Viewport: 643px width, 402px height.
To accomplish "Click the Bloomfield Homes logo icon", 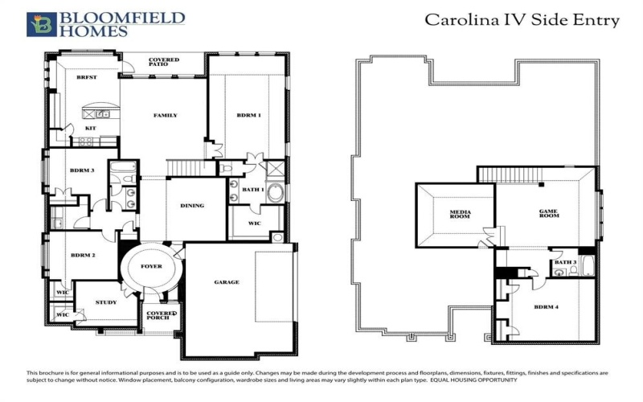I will pyautogui.click(x=40, y=24).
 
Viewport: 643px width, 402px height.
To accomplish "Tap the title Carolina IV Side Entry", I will pyautogui.click(x=522, y=20).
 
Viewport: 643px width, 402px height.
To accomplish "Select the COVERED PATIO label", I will pyautogui.click(x=165, y=63).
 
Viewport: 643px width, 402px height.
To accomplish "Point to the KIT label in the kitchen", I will pyautogui.click(x=91, y=127).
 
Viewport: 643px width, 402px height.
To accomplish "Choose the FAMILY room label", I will pyautogui.click(x=165, y=115).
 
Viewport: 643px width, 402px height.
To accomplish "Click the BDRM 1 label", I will pyautogui.click(x=248, y=115).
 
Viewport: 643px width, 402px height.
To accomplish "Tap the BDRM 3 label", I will pyautogui.click(x=82, y=170).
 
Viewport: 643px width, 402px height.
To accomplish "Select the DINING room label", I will pyautogui.click(x=192, y=205).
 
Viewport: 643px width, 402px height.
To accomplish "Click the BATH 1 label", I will pyautogui.click(x=253, y=189).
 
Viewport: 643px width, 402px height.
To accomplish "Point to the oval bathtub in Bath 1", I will pyautogui.click(x=274, y=194).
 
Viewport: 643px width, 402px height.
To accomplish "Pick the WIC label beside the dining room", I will pyautogui.click(x=254, y=223).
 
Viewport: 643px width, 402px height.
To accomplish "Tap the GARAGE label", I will pyautogui.click(x=227, y=283).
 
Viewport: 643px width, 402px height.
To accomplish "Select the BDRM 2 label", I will pyautogui.click(x=82, y=255).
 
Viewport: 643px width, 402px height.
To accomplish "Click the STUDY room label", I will pyautogui.click(x=105, y=302).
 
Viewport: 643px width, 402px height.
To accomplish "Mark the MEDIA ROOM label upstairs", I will pyautogui.click(x=460, y=215).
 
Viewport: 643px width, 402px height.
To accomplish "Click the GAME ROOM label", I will pyautogui.click(x=548, y=213).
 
